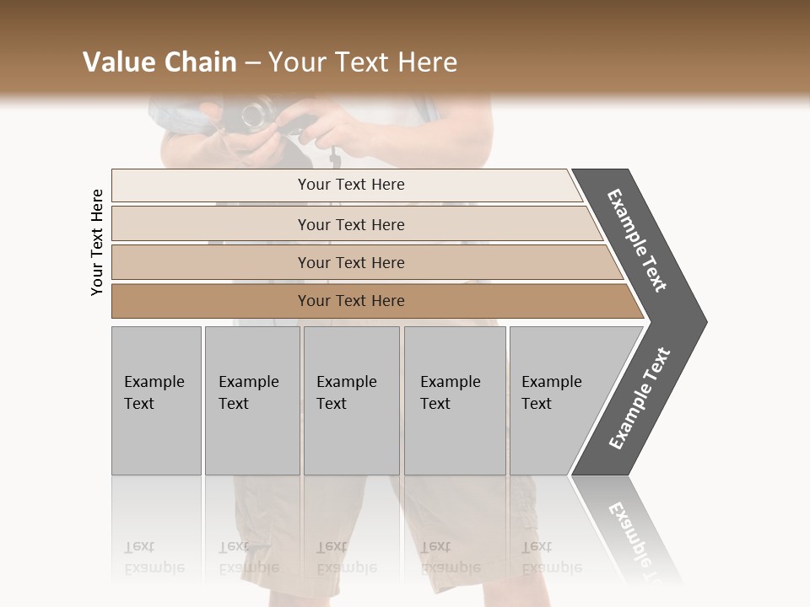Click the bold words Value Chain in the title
click(x=159, y=62)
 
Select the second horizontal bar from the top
click(x=351, y=224)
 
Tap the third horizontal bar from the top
click(x=351, y=262)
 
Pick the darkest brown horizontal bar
click(x=351, y=301)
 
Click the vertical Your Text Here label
click(x=97, y=243)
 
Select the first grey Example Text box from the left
click(x=156, y=400)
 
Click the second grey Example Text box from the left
click(x=251, y=400)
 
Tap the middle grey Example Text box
click(x=351, y=400)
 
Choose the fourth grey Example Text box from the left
click(x=454, y=400)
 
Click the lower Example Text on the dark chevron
click(x=640, y=398)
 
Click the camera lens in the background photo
click(x=256, y=115)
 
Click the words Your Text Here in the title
click(x=363, y=62)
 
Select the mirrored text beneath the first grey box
click(x=154, y=557)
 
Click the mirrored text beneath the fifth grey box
click(x=552, y=557)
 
